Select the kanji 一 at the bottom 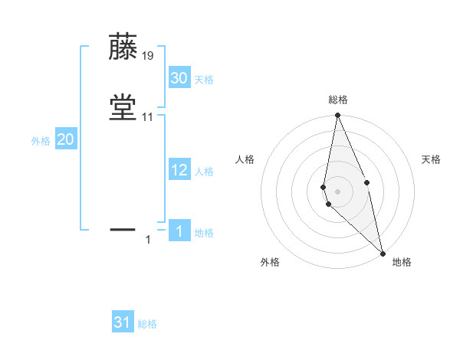pos(123,228)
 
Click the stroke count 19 pos(148,56)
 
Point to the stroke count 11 pos(148,117)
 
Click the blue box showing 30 pos(179,78)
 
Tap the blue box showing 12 pos(179,170)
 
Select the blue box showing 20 pos(66,139)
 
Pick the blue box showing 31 pos(123,322)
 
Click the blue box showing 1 pos(179,231)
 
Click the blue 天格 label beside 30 pos(204,80)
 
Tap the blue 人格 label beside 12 pos(204,172)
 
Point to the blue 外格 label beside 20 pos(41,141)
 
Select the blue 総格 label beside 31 pos(147,324)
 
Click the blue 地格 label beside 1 pos(204,233)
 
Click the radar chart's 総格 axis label pos(337,100)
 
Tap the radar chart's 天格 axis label pos(432,159)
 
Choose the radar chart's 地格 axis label pos(402,262)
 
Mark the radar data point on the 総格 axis pos(337,116)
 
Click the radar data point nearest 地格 pos(382,252)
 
